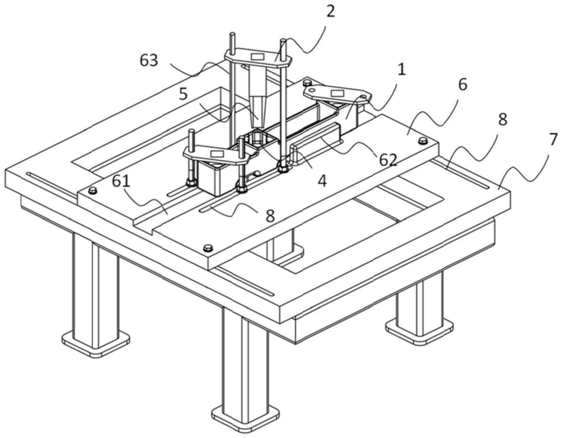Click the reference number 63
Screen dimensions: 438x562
[149, 60]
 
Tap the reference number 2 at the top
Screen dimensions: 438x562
[330, 11]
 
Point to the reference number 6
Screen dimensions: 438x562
[463, 85]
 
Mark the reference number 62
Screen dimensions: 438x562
[387, 160]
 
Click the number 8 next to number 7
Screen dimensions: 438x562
[502, 119]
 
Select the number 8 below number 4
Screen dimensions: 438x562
[270, 216]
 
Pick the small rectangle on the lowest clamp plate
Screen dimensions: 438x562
[216, 153]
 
